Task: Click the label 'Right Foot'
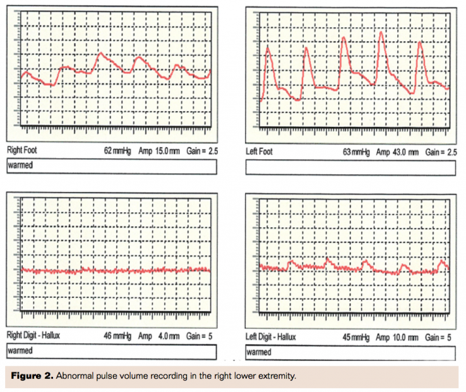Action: pos(22,150)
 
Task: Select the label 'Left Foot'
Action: pos(259,152)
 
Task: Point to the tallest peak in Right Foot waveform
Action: pos(99,54)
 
